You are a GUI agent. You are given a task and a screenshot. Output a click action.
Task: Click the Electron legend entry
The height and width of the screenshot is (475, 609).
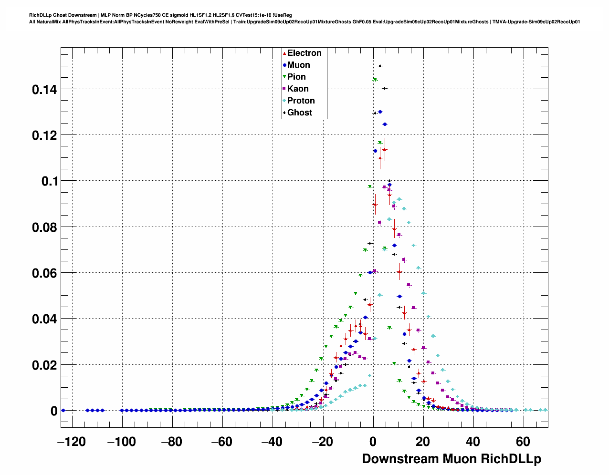(x=304, y=53)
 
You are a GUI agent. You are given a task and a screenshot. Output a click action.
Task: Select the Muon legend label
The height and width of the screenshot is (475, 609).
(x=298, y=65)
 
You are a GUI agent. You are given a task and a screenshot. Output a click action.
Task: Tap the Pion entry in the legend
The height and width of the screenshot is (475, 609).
(x=296, y=77)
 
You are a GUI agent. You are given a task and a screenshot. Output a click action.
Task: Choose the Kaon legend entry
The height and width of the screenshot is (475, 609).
(x=297, y=89)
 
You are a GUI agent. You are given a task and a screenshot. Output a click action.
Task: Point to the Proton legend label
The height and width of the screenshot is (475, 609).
(x=301, y=101)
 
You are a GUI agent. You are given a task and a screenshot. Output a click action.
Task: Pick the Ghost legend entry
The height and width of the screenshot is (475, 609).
(x=299, y=113)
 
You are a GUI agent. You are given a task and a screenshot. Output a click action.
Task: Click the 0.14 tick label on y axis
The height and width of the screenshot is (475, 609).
(x=44, y=90)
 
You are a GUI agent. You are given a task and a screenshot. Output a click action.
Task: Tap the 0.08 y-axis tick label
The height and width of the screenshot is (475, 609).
(x=44, y=227)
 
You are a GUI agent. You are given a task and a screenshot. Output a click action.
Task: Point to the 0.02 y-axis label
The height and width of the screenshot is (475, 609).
(x=44, y=365)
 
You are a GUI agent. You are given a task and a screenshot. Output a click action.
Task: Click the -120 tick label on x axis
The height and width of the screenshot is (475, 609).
(x=72, y=442)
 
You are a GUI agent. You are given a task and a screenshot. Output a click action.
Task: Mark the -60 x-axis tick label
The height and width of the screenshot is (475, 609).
(x=222, y=442)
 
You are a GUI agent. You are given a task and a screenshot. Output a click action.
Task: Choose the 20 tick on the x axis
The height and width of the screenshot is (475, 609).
(x=423, y=442)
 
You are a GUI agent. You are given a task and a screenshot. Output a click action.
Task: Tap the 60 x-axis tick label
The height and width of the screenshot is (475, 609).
(x=523, y=442)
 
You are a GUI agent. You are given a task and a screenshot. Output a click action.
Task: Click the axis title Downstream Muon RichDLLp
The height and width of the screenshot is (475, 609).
(x=451, y=459)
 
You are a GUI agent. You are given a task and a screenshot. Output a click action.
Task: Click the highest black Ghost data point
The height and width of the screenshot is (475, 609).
(x=380, y=66)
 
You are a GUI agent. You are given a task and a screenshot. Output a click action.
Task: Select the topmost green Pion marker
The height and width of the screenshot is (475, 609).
(x=375, y=80)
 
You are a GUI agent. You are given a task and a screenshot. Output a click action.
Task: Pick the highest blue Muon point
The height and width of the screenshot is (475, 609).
(x=380, y=112)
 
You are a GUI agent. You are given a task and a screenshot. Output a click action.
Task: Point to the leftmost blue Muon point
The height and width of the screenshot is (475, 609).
(x=63, y=410)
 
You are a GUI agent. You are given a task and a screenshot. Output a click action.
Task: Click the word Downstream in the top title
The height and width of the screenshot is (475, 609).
(x=84, y=15)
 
